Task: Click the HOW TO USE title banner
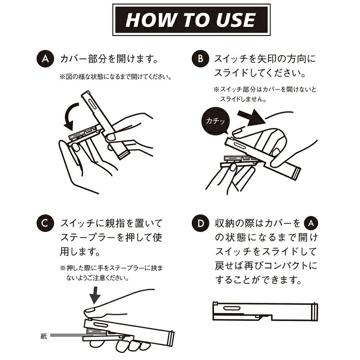tap(191, 20)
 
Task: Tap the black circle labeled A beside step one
tap(45, 59)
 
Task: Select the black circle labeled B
tap(200, 59)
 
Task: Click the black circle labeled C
tap(45, 223)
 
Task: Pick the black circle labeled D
tap(200, 223)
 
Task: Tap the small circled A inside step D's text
tap(311, 223)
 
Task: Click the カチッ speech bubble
tap(215, 121)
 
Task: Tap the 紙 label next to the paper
tap(44, 336)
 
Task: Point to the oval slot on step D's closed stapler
tap(232, 309)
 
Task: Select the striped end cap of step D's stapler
tap(314, 312)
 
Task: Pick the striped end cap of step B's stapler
tap(296, 174)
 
